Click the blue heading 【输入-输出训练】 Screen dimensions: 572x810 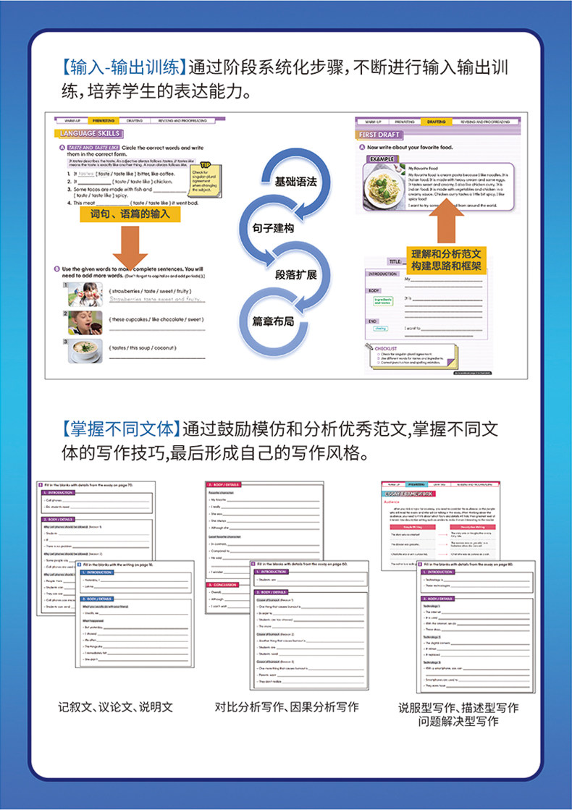point(119,69)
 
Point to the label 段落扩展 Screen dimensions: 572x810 point(296,274)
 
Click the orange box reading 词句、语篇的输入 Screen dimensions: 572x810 point(130,215)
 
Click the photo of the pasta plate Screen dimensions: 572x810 point(384,186)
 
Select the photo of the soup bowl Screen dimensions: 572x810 point(86,350)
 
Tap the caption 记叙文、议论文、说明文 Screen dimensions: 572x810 point(117,706)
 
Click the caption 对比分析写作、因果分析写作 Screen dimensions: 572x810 point(287,706)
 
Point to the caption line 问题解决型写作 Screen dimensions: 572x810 point(458,721)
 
